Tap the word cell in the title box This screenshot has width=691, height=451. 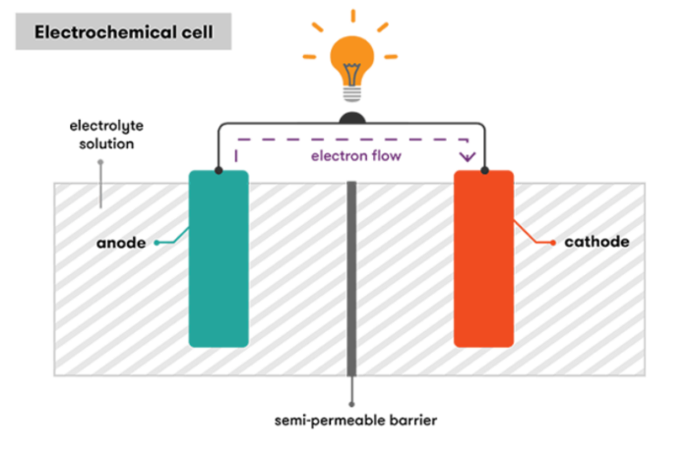click(x=201, y=32)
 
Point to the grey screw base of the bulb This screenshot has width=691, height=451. click(x=350, y=91)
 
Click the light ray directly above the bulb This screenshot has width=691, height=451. click(x=350, y=15)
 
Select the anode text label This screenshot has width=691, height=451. click(x=123, y=242)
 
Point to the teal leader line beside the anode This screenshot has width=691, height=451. click(x=169, y=239)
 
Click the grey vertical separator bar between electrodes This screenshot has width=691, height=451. click(x=351, y=285)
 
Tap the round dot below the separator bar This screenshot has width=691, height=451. click(x=351, y=404)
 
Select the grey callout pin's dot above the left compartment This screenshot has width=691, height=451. click(x=99, y=163)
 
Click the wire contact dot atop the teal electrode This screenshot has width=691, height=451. click(x=219, y=172)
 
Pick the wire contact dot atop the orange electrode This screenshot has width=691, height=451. click(x=485, y=172)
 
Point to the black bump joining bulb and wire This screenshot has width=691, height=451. click(x=350, y=118)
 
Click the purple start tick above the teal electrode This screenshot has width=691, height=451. click(x=234, y=153)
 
